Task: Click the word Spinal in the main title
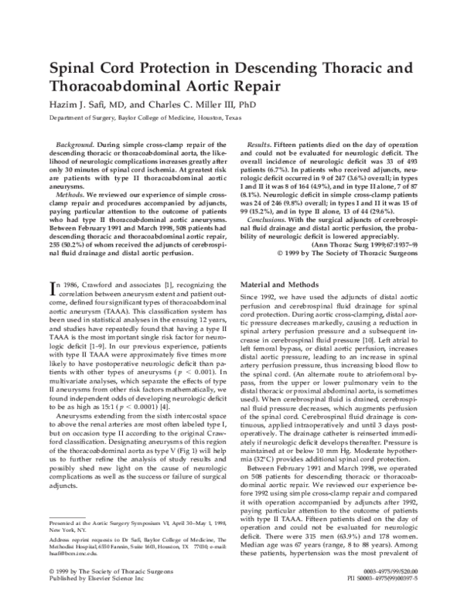(74, 67)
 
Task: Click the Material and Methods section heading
(280, 285)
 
